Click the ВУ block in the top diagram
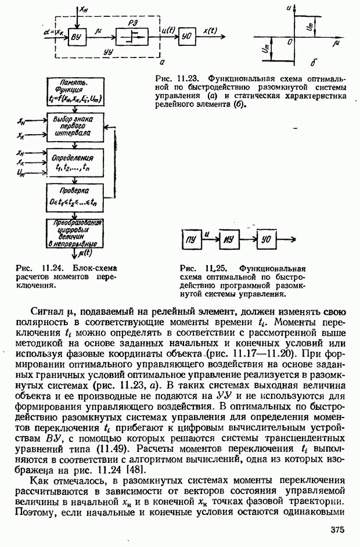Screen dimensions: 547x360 coord(77,39)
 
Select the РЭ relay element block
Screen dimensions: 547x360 coord(132,38)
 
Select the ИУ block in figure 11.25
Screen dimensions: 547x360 coord(229,238)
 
